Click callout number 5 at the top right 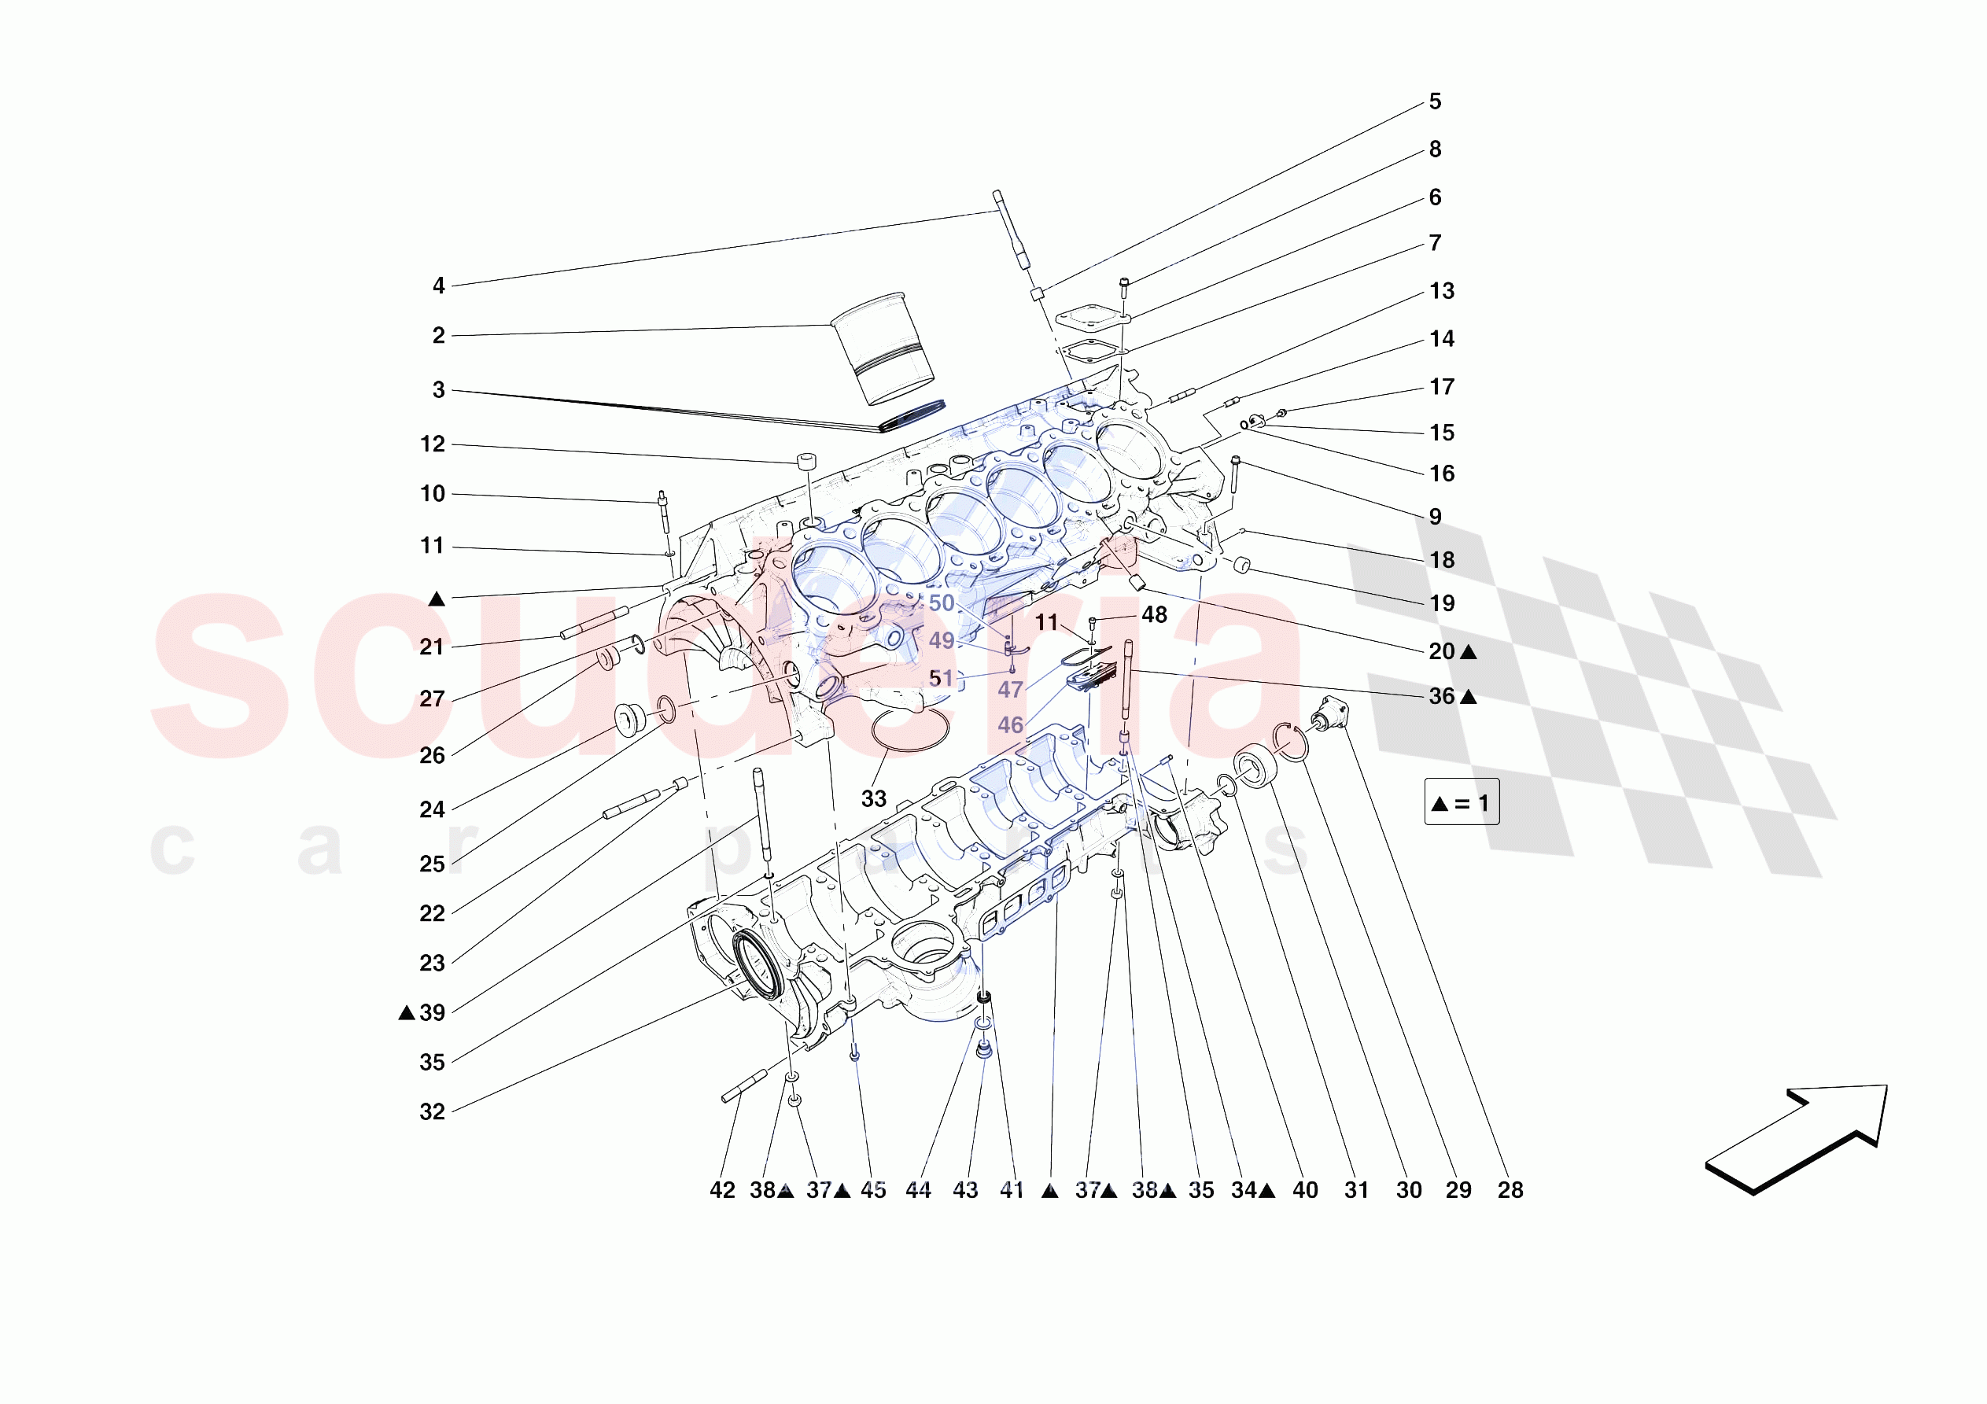click(x=1434, y=102)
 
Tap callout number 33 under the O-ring click(x=873, y=799)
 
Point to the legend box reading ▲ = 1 click(x=1461, y=802)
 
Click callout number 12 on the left click(x=432, y=444)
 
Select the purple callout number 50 click(x=941, y=603)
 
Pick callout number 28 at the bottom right click(x=1510, y=1190)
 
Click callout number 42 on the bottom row click(x=722, y=1190)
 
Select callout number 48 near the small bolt click(x=1154, y=615)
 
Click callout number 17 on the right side click(x=1441, y=387)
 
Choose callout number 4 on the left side click(x=439, y=286)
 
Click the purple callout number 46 click(x=1009, y=725)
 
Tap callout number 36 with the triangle click(x=1442, y=697)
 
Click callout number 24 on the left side click(x=432, y=809)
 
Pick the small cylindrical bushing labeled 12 click(x=807, y=459)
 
